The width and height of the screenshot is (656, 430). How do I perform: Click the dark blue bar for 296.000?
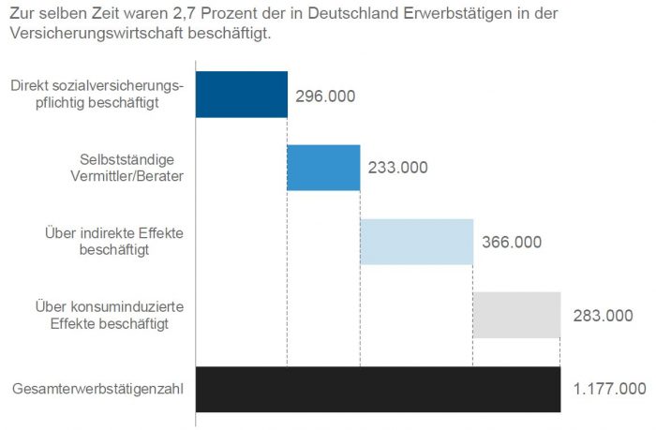click(241, 95)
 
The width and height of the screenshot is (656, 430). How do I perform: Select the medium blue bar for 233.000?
click(323, 168)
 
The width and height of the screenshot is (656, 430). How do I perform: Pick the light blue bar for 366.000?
click(416, 242)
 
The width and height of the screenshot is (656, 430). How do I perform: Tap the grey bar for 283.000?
click(516, 315)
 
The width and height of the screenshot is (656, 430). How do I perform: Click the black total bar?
click(378, 389)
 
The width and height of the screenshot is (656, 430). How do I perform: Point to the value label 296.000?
click(325, 96)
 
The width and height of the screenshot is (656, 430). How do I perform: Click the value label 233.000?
click(398, 169)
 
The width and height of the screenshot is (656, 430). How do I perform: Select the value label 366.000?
click(512, 242)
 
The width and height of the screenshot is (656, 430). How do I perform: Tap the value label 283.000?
click(603, 316)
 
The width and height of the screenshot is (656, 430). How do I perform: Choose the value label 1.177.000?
click(609, 389)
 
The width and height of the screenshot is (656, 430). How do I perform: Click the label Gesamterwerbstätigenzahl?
click(98, 389)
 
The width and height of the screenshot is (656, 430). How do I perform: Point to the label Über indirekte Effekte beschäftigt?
click(114, 242)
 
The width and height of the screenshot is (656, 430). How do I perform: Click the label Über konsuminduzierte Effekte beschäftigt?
click(110, 315)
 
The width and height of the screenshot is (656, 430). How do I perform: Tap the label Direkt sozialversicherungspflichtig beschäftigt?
click(97, 95)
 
